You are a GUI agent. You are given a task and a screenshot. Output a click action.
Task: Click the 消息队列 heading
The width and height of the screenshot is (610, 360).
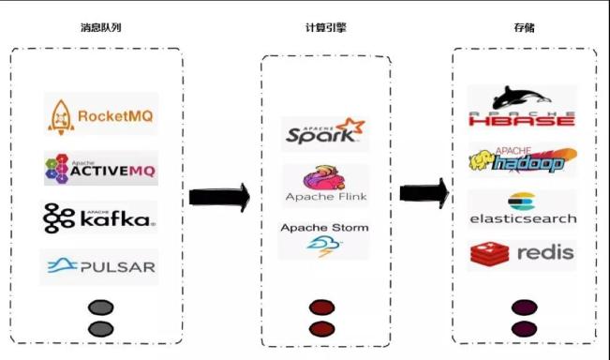(x=100, y=27)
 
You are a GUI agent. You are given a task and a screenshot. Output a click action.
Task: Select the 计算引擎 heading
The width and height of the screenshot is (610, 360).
(x=327, y=27)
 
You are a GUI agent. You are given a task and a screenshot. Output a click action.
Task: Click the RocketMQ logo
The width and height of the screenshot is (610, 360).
(x=100, y=115)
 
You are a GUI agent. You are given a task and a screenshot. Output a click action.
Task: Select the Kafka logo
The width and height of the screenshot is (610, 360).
(x=99, y=218)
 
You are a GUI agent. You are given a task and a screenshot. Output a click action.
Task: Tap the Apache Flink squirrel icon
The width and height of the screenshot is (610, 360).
(x=325, y=177)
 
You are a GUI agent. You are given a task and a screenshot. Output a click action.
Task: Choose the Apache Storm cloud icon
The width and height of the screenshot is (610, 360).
(x=325, y=247)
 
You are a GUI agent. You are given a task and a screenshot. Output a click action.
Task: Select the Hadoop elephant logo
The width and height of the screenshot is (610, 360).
(x=523, y=160)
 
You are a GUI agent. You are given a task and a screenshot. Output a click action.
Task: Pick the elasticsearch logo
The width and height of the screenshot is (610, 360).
(x=522, y=209)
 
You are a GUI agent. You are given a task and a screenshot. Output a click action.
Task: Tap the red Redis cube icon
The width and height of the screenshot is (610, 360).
(x=488, y=253)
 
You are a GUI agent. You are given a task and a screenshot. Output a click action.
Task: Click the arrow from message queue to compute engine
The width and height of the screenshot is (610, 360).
(x=219, y=197)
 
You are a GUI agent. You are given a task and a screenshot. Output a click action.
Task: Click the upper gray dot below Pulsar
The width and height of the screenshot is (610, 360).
(x=100, y=307)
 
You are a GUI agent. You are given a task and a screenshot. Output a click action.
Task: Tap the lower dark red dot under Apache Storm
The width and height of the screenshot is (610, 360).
(x=322, y=328)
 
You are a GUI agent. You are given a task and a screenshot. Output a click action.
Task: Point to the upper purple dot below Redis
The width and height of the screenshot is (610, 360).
(x=523, y=307)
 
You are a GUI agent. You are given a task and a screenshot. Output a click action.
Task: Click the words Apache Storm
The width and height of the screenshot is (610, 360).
(x=325, y=228)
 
